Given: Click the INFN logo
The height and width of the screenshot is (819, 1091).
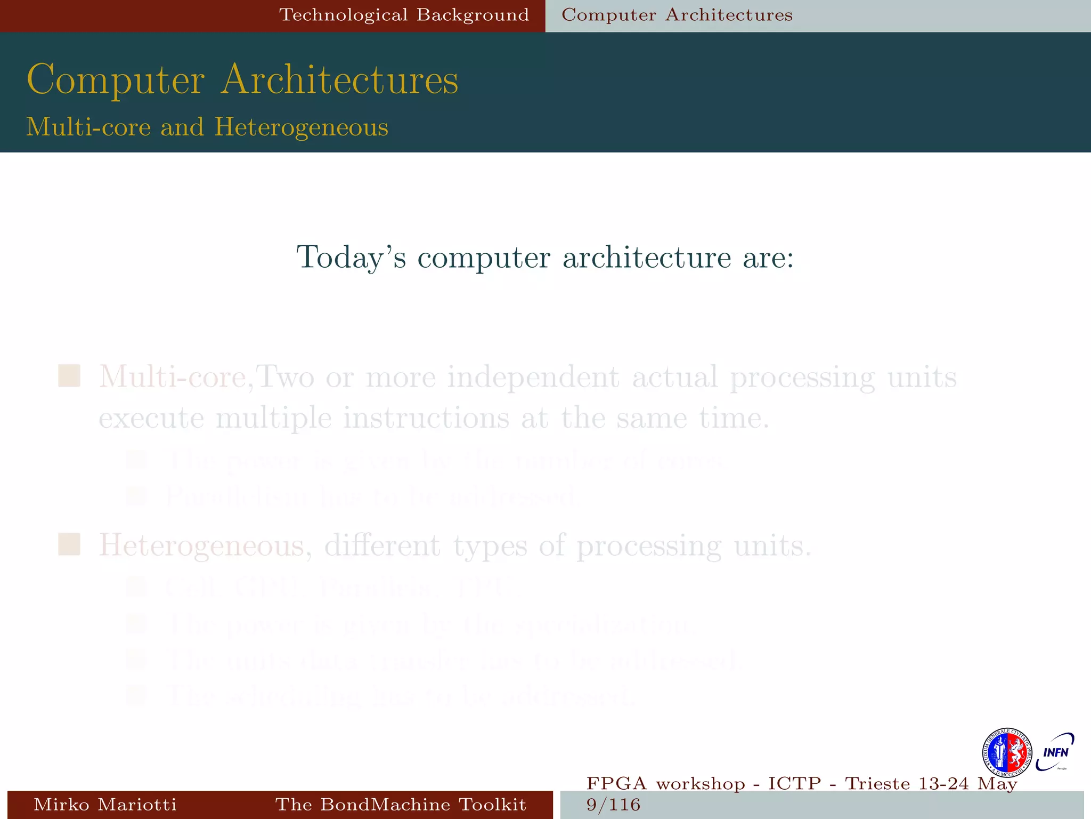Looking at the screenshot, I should pos(1055,752).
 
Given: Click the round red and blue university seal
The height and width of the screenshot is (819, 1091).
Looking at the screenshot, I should pos(1006,753).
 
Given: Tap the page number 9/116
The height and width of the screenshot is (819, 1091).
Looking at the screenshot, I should pos(613,804).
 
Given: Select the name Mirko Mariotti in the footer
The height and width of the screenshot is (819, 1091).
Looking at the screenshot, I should pos(105,804).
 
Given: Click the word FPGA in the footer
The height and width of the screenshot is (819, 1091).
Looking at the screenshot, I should pos(616,783).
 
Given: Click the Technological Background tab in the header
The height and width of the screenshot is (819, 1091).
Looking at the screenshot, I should pos(404,15).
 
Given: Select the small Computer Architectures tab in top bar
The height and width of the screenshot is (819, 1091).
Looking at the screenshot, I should pos(677,15).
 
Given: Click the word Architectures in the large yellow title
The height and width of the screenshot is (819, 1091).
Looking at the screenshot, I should pos(340,80).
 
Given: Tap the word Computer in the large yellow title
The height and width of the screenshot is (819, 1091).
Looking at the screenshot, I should pos(116,80).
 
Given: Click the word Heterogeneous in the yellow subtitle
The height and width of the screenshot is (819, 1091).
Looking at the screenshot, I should pos(301,127).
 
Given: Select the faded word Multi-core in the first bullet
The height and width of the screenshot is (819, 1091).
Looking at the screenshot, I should pos(172,377).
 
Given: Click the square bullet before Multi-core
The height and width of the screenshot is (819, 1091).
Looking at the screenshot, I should pos(69,376).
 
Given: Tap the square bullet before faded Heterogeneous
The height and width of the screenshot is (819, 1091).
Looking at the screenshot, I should pos(69,544).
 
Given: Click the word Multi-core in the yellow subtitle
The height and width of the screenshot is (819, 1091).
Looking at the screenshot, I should pos(88,127).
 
